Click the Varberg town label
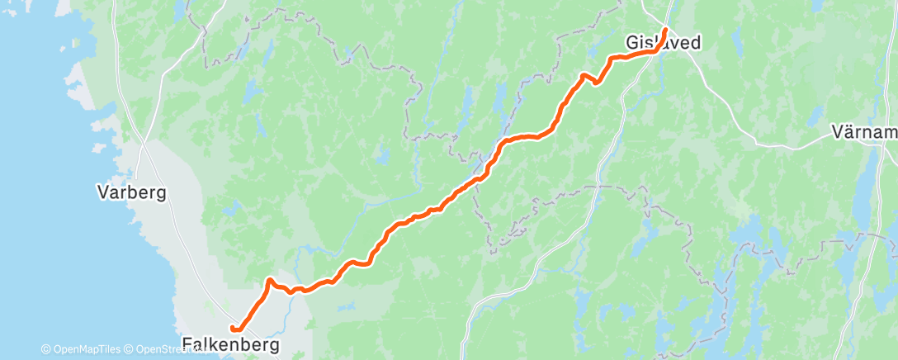(x=132, y=193)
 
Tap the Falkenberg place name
(x=230, y=343)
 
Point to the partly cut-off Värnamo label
(x=863, y=131)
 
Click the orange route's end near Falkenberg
(x=234, y=330)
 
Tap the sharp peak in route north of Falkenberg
(x=269, y=281)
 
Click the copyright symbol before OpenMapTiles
(x=46, y=350)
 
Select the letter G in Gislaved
(x=631, y=41)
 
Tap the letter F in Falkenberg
(x=187, y=343)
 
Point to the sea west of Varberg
(x=33, y=206)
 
